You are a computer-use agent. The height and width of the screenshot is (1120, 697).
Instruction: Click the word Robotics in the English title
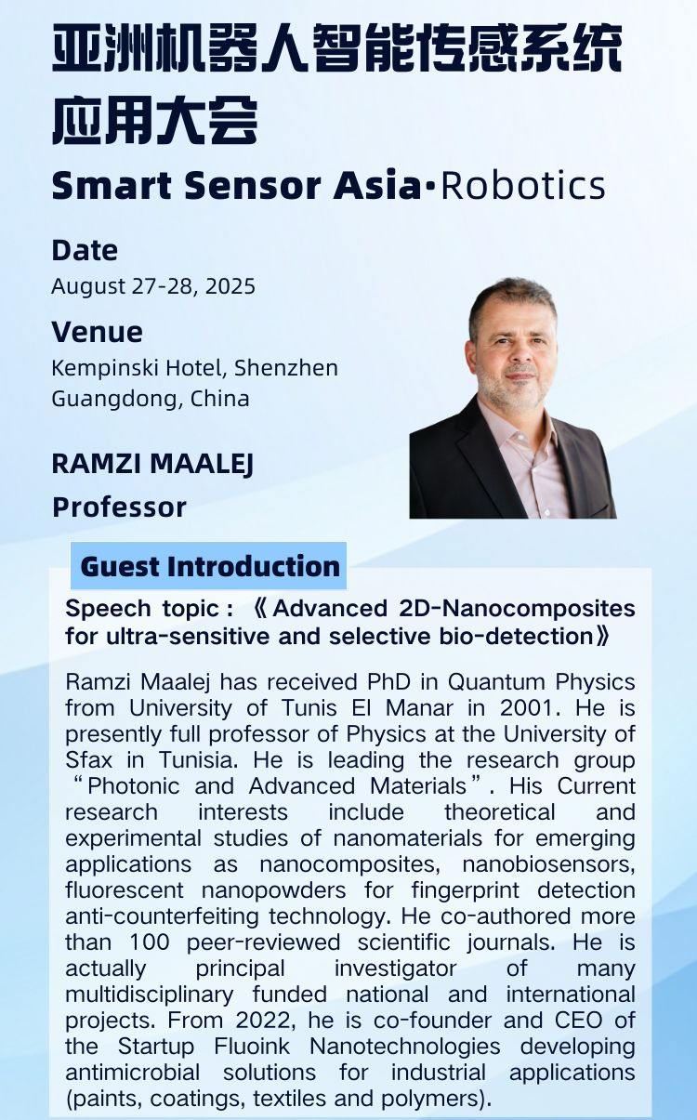(522, 186)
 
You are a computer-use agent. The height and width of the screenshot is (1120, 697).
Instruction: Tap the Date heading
(85, 250)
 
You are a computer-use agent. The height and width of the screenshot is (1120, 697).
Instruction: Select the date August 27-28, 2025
(153, 285)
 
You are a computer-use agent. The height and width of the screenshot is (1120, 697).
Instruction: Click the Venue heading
(97, 332)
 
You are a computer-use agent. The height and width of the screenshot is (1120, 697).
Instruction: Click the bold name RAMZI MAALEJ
(152, 463)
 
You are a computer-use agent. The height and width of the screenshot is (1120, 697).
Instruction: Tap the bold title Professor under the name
(119, 507)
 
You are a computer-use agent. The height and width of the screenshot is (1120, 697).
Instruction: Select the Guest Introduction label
(210, 566)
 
